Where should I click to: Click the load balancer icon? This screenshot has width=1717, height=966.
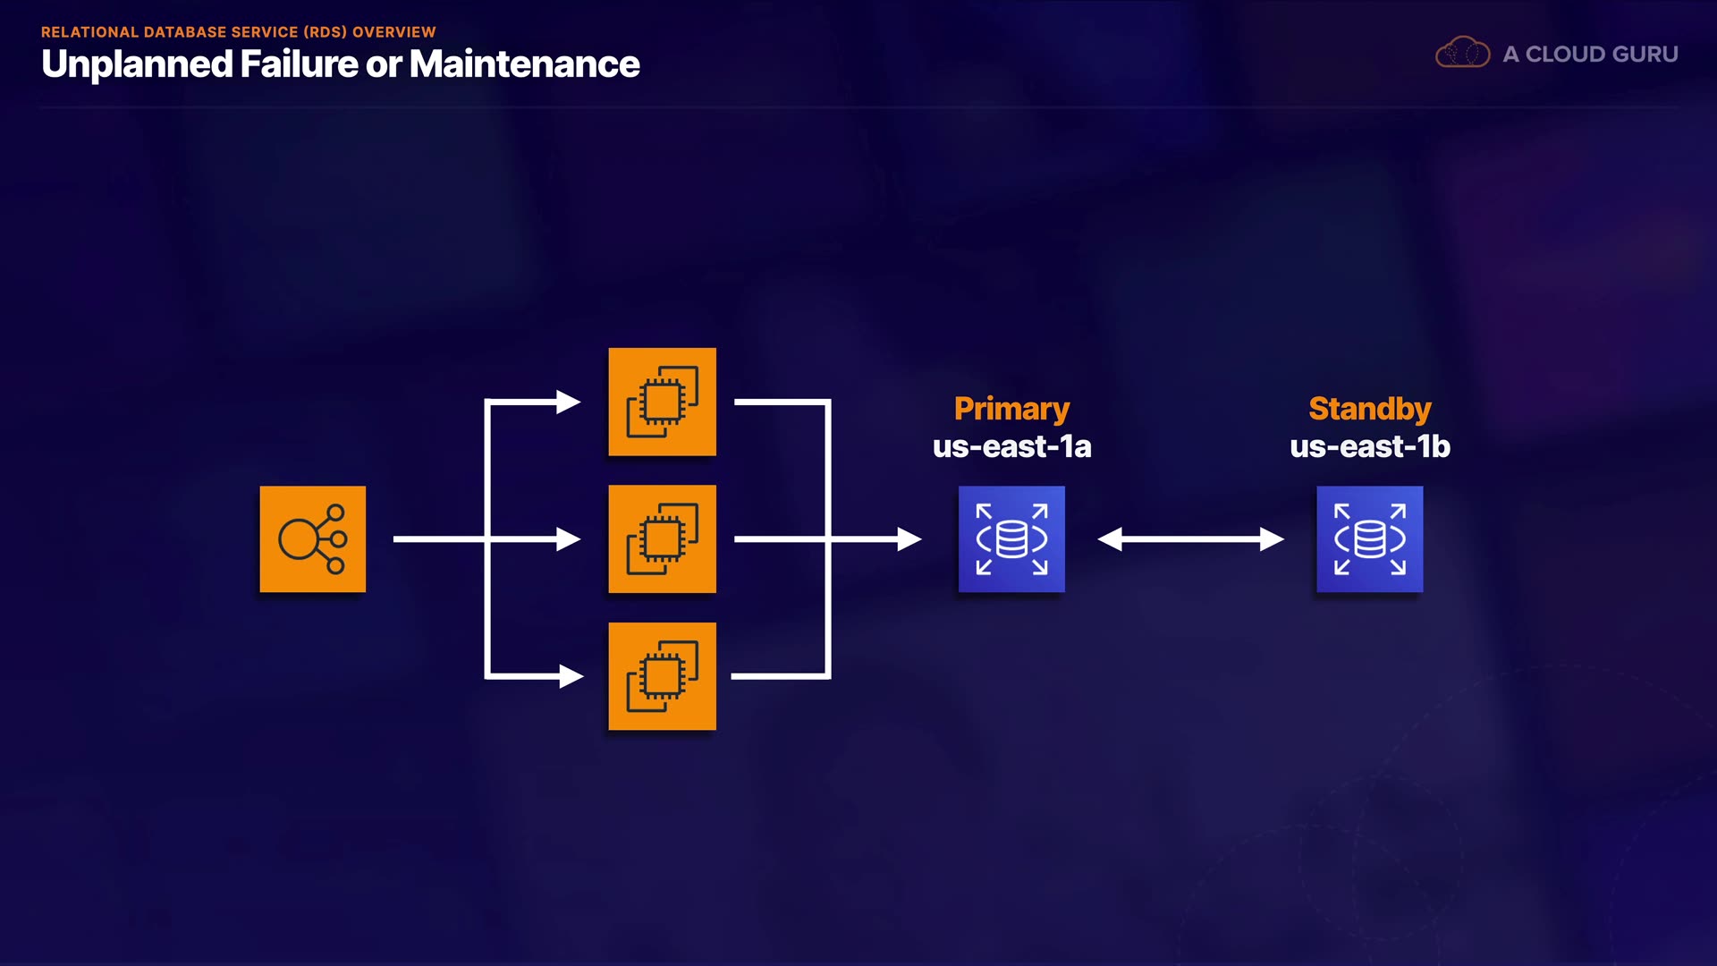pyautogui.click(x=312, y=538)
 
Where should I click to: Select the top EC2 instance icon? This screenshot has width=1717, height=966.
pyautogui.click(x=662, y=402)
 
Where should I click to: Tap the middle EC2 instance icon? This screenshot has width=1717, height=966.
pyautogui.click(x=662, y=538)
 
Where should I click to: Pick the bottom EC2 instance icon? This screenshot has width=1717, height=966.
pyautogui.click(x=662, y=676)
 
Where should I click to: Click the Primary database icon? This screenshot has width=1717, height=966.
pyautogui.click(x=1011, y=538)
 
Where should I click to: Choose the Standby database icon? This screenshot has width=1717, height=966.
pyautogui.click(x=1369, y=538)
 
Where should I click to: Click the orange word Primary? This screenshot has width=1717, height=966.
pyautogui.click(x=1011, y=409)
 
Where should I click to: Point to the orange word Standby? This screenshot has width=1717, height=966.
pyautogui.click(x=1369, y=409)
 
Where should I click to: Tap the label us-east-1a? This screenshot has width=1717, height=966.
pyautogui.click(x=1011, y=446)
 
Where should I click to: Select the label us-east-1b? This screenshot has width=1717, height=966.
pyautogui.click(x=1369, y=446)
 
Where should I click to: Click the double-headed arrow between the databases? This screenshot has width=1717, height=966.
pyautogui.click(x=1190, y=538)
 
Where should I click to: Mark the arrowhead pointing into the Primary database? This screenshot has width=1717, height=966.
pyautogui.click(x=909, y=538)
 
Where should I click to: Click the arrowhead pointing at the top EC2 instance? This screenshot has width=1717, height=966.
pyautogui.click(x=569, y=402)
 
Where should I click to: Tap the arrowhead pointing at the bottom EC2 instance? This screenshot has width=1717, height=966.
pyautogui.click(x=571, y=676)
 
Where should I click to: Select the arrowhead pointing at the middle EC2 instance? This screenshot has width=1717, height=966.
pyautogui.click(x=569, y=538)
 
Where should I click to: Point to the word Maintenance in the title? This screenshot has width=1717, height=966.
pyautogui.click(x=525, y=64)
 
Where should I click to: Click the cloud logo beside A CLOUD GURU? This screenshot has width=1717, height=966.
pyautogui.click(x=1462, y=54)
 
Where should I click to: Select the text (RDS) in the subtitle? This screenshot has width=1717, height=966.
pyautogui.click(x=325, y=32)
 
